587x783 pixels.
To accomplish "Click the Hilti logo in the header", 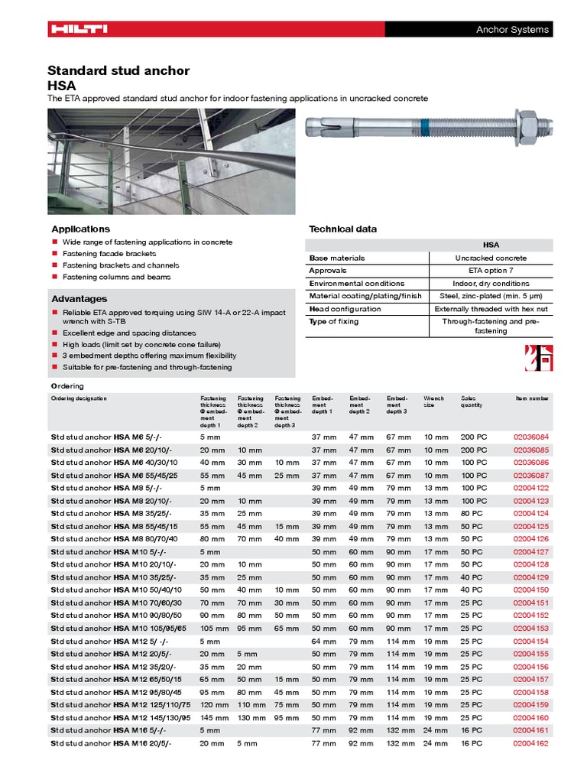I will [x=79, y=29].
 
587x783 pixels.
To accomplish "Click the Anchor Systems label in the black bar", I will [x=512, y=30].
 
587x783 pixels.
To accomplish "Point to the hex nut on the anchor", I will [x=527, y=122].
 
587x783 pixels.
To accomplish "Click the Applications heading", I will [x=80, y=229].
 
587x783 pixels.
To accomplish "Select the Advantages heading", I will [x=79, y=299].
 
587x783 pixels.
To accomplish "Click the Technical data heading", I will [x=342, y=229].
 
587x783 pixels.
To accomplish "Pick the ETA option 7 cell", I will [x=491, y=271].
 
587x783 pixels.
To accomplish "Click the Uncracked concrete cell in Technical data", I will [x=491, y=258].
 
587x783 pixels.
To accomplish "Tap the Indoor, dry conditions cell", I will [x=491, y=284].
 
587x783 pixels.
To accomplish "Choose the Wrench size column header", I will [x=434, y=401].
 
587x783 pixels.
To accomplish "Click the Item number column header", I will [x=532, y=398].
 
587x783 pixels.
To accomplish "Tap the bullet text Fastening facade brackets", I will [x=109, y=254].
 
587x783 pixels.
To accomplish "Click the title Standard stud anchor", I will [x=118, y=71].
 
